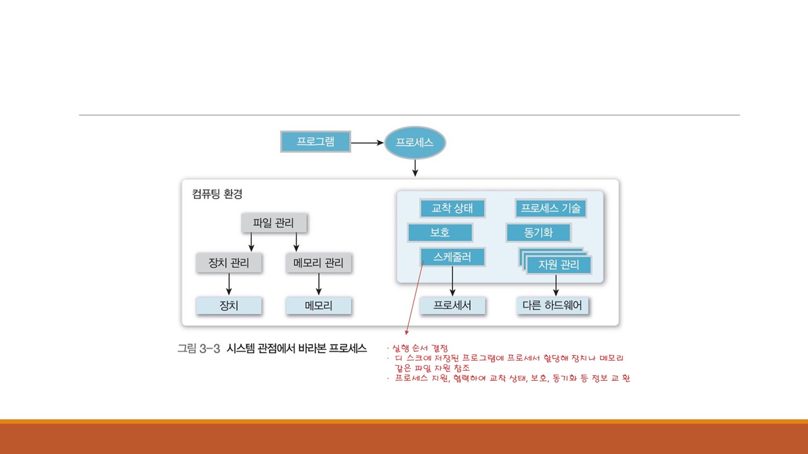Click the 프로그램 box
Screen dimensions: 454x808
(x=315, y=142)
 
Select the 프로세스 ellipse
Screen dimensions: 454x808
(x=415, y=143)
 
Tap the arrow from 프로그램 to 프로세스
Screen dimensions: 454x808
(x=367, y=143)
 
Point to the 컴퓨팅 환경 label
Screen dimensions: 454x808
(x=217, y=194)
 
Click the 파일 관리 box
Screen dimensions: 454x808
(x=273, y=223)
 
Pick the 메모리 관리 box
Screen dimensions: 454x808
(x=319, y=263)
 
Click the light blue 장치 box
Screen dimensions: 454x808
(x=229, y=306)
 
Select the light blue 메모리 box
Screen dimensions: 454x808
(x=319, y=306)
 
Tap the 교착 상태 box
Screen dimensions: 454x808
(x=452, y=209)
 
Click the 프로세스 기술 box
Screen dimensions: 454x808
(x=550, y=209)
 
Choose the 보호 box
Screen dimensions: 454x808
(x=440, y=233)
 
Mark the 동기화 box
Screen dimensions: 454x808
(x=538, y=233)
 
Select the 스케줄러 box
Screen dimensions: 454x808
(x=452, y=257)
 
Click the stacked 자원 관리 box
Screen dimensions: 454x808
(x=558, y=265)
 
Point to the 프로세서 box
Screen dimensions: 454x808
(x=453, y=306)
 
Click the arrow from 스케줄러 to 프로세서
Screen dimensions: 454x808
(x=453, y=281)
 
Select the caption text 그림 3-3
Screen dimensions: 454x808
(x=198, y=349)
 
